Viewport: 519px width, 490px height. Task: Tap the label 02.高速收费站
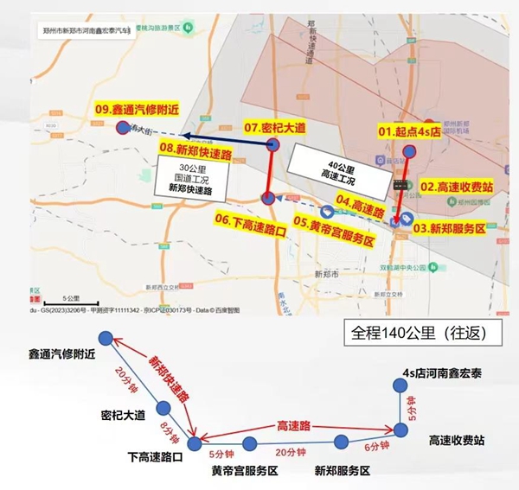pos(457,186)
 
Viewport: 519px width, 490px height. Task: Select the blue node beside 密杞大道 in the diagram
pos(162,408)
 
